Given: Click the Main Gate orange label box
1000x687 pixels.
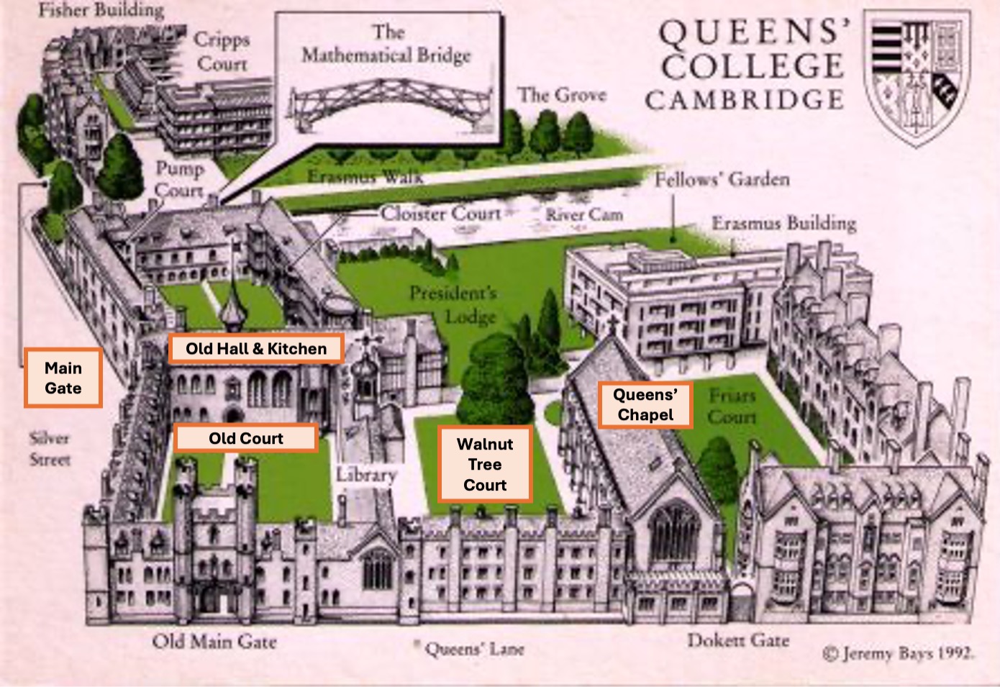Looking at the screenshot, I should pos(63,378).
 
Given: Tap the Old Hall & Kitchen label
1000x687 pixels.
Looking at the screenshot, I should pos(256,349).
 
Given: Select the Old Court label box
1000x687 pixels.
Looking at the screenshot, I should pos(245,438).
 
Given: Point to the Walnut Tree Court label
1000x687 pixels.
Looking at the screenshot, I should pos(485,464).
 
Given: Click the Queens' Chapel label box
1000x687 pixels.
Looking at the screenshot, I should pos(645,405).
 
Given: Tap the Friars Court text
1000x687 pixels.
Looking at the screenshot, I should pos(732,406).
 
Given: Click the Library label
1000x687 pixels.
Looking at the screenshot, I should pos(367,475).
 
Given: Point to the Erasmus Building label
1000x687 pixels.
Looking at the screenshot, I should pos(784,223).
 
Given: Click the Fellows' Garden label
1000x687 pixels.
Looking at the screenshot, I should pos(722,179).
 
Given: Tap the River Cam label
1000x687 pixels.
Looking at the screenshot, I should pos(583,214).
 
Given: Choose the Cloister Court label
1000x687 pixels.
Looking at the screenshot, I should pos(440,213).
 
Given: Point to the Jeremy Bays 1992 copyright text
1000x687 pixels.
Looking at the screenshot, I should pos(899,653).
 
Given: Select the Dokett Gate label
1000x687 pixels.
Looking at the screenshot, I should pos(737,640).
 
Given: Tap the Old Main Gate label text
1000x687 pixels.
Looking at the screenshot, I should pos(214,642).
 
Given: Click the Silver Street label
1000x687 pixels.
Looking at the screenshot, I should pos(50,448).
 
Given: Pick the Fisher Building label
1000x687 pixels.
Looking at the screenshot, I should pos(101,10).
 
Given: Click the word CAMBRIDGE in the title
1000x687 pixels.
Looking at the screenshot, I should pos(744,100).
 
